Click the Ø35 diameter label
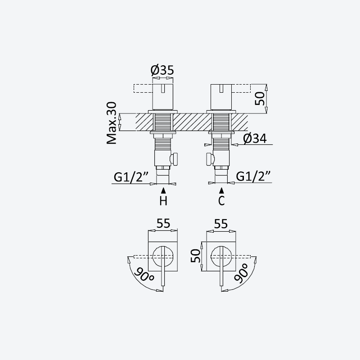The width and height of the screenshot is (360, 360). tap(162, 70)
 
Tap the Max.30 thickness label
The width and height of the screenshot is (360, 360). tap(112, 123)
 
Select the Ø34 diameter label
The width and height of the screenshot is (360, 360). tap(255, 139)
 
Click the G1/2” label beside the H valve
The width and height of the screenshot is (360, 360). tap(131, 177)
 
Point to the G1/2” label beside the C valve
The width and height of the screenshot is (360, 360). tap(254, 176)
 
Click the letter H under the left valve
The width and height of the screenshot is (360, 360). tap(163, 201)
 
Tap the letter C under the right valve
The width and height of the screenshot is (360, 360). tap(221, 201)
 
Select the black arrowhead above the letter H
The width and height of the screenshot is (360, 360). tap(163, 190)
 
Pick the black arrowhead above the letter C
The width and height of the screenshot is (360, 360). tap(221, 190)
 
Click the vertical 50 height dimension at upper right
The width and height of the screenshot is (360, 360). tap(260, 99)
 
